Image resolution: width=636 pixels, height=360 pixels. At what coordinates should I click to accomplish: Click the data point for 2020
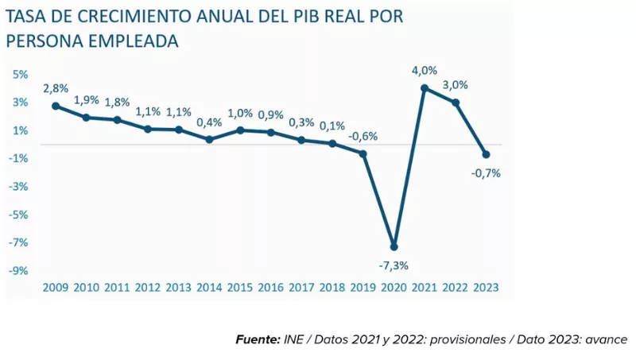[x=394, y=246]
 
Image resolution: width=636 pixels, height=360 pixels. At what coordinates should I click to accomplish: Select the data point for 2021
[x=425, y=88]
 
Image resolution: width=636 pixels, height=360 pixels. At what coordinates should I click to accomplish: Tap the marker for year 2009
[x=56, y=106]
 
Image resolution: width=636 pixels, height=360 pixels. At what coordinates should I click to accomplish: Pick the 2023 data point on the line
[x=486, y=154]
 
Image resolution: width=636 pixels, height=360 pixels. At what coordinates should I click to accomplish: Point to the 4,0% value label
[x=425, y=71]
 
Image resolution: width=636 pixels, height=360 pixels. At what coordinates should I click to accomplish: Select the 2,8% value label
[x=56, y=87]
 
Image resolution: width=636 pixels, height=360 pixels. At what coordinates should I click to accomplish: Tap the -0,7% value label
[x=486, y=173]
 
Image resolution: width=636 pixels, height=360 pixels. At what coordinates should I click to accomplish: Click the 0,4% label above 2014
[x=209, y=122]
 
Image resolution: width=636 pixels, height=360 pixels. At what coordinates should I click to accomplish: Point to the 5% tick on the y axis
[x=20, y=74]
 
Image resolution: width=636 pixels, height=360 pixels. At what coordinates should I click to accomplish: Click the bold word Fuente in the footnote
[x=258, y=339]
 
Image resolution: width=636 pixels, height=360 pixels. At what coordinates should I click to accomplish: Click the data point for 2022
[x=455, y=103]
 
